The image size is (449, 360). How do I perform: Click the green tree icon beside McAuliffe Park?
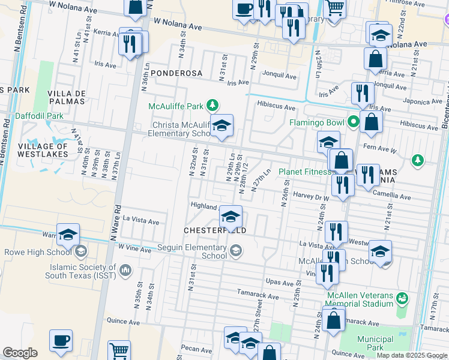(212, 106)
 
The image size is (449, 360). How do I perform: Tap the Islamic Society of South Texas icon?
(125, 269)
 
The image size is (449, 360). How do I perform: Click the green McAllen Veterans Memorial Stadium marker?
(402, 298)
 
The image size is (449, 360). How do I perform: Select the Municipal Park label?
(375, 343)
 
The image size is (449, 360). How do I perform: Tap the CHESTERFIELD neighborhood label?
(215, 230)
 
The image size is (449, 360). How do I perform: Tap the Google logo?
(20, 353)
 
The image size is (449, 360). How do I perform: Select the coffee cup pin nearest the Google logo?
(61, 340)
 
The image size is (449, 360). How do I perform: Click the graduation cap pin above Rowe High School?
(68, 235)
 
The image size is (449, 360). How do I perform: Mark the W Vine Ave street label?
(135, 247)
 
